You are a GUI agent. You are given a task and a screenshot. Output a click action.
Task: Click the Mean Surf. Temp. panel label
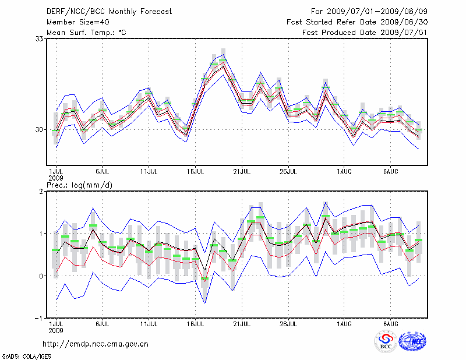pos(86,32)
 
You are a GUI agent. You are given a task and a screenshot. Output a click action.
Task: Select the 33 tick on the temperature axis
pos(40,38)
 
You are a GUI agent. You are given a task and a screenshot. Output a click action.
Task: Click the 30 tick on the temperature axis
pos(40,129)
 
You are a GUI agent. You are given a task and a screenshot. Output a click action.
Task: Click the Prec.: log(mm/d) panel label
pos(80,185)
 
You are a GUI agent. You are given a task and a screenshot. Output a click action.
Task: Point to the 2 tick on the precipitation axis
pos(43,191)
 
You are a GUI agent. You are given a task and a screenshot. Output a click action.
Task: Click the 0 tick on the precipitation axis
pos(43,276)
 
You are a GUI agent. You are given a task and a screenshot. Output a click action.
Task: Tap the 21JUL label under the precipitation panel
pos(241,323)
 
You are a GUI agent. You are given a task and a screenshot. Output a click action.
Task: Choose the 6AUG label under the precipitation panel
pos(391,323)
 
